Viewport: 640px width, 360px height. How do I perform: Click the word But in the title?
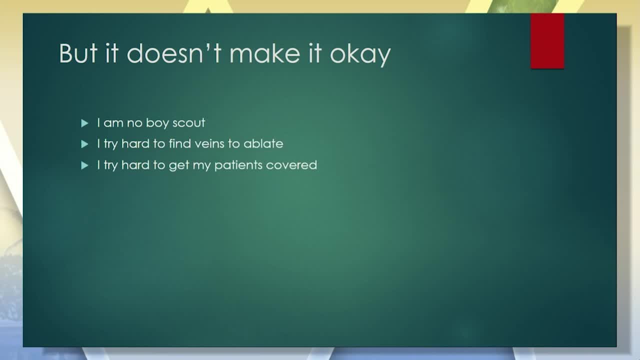78,53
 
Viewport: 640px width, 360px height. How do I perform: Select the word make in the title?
265,53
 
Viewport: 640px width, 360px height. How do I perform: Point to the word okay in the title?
360,55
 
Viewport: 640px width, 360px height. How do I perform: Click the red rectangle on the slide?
547,41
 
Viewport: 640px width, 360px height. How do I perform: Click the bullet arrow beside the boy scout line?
84,123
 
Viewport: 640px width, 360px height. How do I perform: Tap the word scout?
188,123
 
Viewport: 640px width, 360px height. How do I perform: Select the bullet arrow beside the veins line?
84,144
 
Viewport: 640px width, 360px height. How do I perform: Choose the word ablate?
263,143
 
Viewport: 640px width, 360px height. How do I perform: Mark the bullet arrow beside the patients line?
84,165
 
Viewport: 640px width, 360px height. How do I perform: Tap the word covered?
291,165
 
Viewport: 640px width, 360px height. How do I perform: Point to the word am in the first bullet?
113,123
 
